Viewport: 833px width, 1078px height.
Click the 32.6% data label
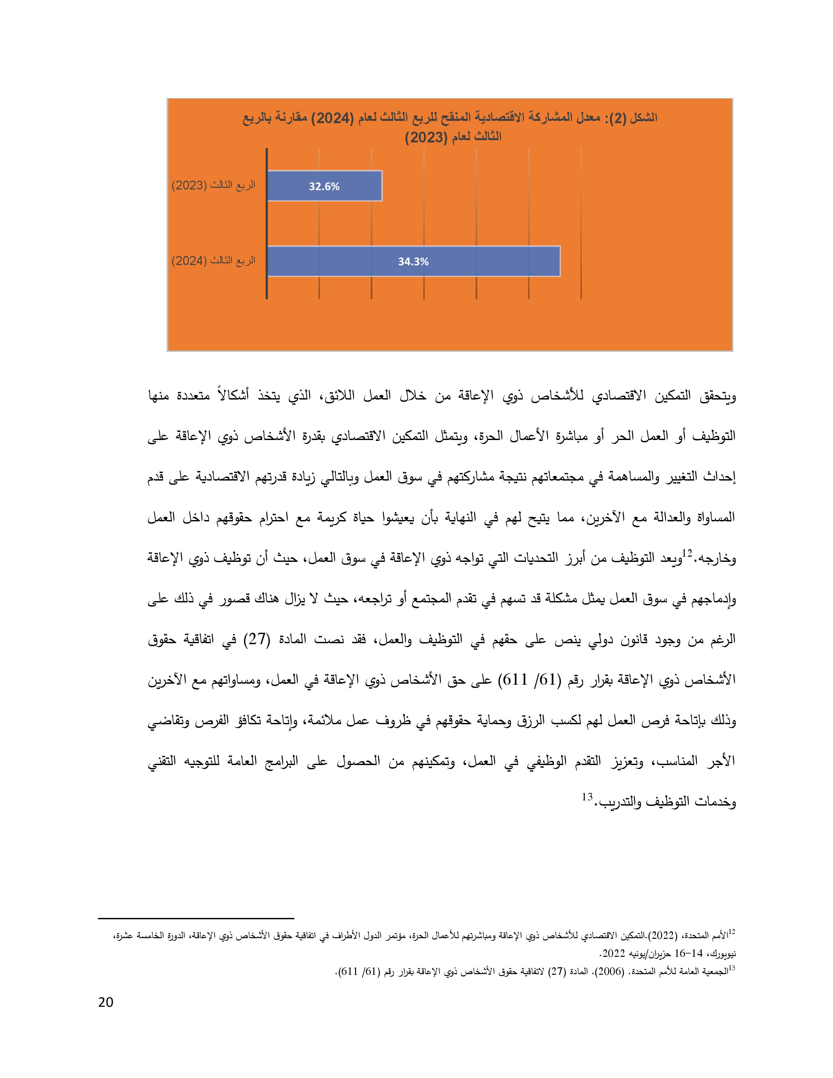click(x=324, y=187)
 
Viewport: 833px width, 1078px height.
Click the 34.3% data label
click(x=413, y=262)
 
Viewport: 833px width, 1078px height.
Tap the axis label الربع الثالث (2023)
click(x=213, y=186)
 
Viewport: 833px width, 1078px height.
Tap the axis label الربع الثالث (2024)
click(x=213, y=261)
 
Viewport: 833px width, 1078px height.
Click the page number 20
click(x=106, y=1003)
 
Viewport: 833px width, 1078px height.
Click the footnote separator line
click(x=196, y=919)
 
